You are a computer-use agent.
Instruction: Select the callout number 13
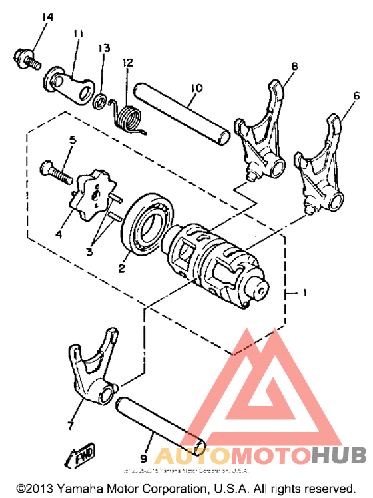[x=103, y=48]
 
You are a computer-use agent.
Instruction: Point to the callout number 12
[x=127, y=63]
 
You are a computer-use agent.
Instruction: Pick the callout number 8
[x=294, y=66]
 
